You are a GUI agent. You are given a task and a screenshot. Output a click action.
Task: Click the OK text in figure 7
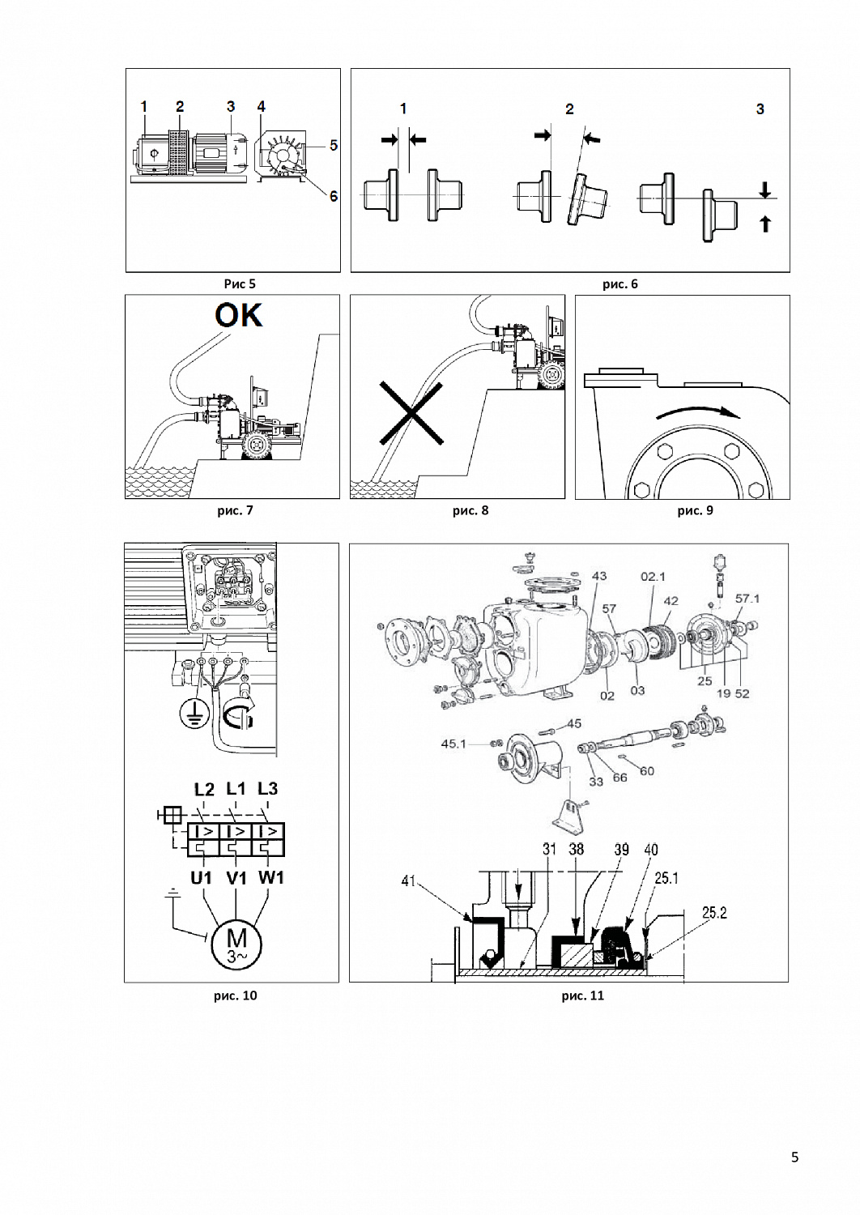coord(239,314)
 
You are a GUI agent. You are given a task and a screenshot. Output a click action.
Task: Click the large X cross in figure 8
coord(411,414)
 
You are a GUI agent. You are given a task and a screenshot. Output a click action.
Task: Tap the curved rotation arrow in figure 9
coord(698,411)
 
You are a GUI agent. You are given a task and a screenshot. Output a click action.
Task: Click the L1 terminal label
coord(236,788)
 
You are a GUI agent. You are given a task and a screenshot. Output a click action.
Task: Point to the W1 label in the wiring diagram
coord(270,878)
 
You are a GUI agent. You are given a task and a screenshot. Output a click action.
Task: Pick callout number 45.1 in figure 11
coord(454,744)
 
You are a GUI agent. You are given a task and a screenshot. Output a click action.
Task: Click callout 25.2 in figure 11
coord(714,913)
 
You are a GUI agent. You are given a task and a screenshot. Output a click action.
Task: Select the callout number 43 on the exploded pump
coord(598,576)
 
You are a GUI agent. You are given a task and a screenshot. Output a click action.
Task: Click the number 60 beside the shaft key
coord(646,771)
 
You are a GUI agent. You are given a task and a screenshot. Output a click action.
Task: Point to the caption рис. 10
coord(236,995)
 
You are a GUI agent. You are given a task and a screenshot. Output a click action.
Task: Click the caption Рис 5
coord(240,283)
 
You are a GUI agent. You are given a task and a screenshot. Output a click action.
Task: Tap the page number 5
coord(794,1157)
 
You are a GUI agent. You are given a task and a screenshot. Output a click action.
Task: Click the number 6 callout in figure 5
coord(334,196)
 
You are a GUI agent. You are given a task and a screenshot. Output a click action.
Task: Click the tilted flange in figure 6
coord(585,200)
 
